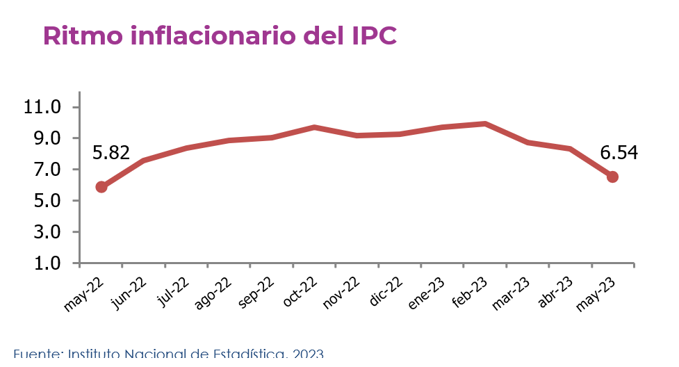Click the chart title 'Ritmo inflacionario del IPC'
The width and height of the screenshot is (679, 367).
pos(220,36)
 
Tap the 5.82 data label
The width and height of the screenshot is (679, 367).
pos(111,152)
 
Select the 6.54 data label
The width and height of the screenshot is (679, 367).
pos(619,152)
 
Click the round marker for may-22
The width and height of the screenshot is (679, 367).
pos(101,186)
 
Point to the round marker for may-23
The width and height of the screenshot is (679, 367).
pos(612,177)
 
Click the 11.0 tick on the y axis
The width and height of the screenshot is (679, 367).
pos(43,108)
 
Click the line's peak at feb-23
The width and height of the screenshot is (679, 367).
pos(484,124)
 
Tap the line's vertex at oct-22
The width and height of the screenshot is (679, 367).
pos(314,127)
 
